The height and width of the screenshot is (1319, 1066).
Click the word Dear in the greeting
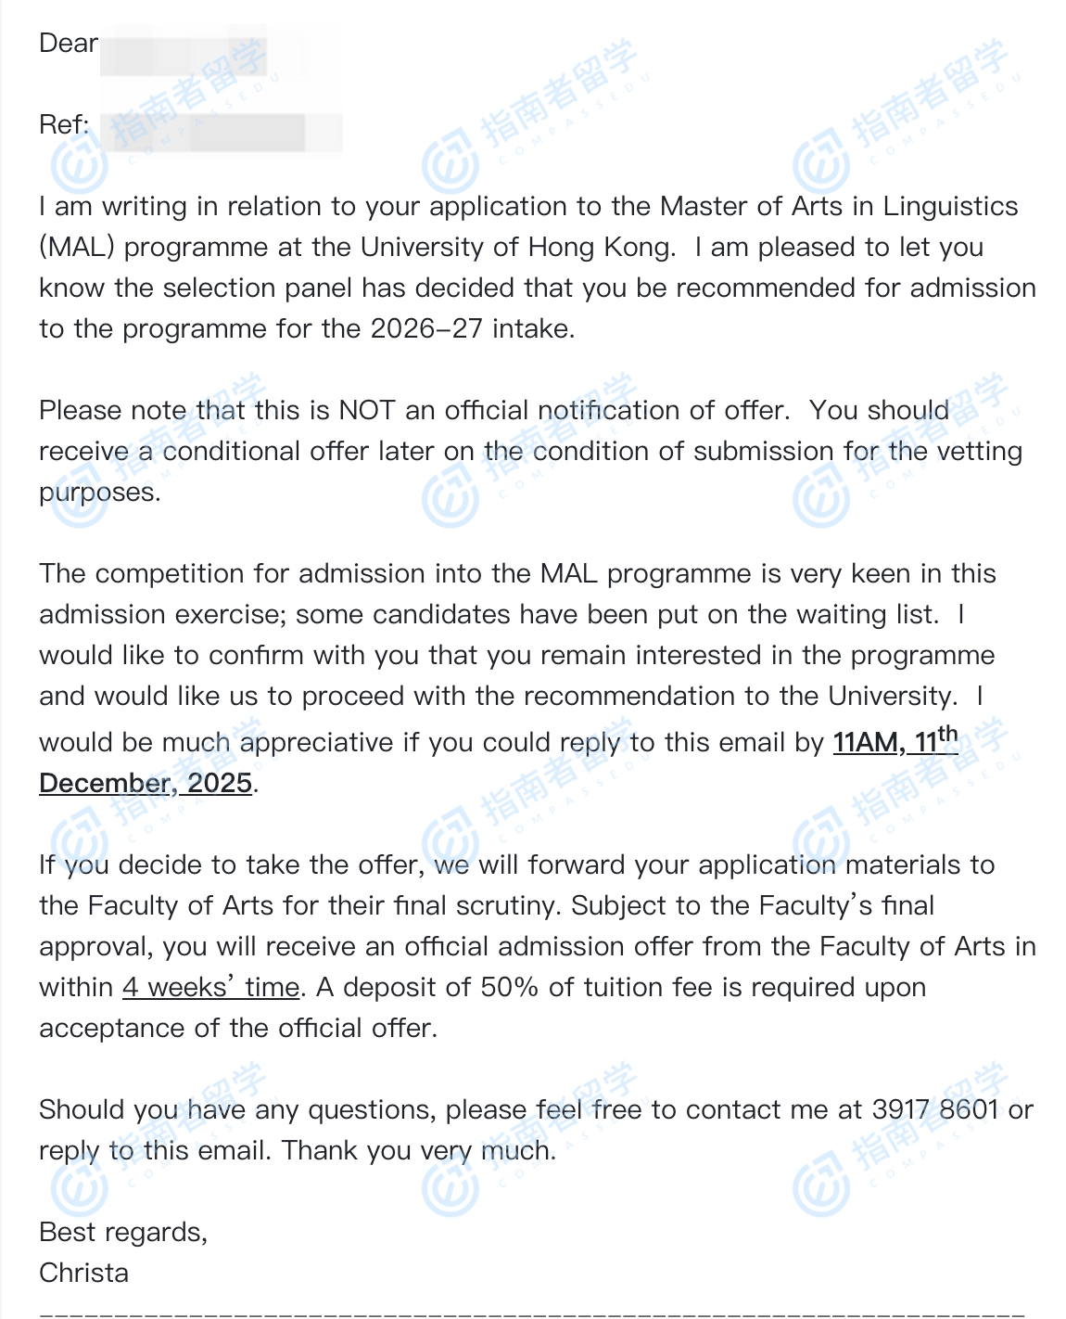(x=68, y=44)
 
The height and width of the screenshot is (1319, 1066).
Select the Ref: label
(x=64, y=125)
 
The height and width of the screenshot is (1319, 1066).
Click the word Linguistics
(x=950, y=206)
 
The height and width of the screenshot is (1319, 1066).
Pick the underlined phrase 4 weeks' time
(x=210, y=987)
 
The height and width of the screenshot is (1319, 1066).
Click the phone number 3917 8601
(x=935, y=1109)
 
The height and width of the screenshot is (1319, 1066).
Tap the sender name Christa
(x=83, y=1273)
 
